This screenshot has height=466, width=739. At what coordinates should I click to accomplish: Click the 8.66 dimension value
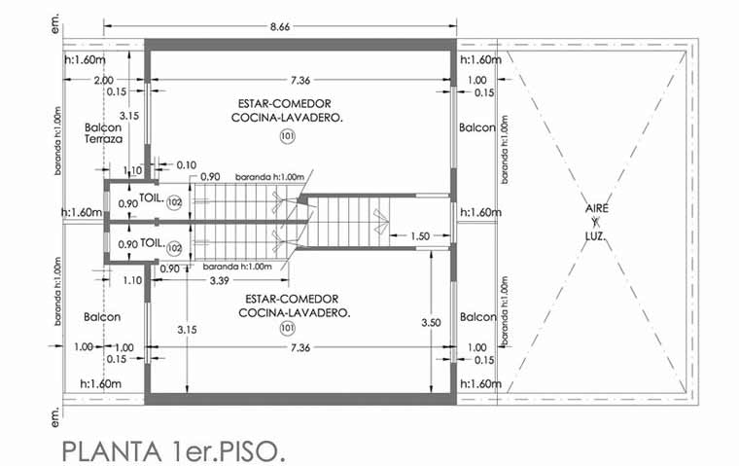[280, 27]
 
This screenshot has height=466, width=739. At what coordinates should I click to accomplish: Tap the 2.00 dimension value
[104, 80]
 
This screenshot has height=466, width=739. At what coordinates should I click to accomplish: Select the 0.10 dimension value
[187, 165]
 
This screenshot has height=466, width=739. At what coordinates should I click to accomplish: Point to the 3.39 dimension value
[219, 280]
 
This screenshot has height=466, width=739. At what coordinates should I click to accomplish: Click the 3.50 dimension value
[431, 323]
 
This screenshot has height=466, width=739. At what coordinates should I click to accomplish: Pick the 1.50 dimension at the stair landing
[420, 236]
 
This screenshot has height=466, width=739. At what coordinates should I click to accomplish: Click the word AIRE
[597, 208]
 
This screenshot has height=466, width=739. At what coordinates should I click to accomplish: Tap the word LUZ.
[595, 236]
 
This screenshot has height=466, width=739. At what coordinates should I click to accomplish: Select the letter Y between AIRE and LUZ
[596, 222]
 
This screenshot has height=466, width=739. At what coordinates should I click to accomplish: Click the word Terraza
[104, 139]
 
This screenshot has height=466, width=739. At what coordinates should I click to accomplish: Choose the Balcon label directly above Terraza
[103, 127]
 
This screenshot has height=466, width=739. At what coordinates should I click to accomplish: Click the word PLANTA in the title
[112, 451]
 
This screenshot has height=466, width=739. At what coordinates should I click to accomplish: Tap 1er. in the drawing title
[193, 451]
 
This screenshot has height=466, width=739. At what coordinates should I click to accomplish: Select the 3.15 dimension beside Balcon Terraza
[128, 116]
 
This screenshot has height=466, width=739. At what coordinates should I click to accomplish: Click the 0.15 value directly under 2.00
[117, 92]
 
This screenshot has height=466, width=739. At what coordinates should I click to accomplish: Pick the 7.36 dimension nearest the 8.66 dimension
[300, 81]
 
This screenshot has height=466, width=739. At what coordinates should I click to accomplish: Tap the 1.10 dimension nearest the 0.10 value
[132, 171]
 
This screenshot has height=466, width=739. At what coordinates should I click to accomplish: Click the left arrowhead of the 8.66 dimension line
[107, 26]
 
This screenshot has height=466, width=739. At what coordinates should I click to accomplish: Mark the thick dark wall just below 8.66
[300, 45]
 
